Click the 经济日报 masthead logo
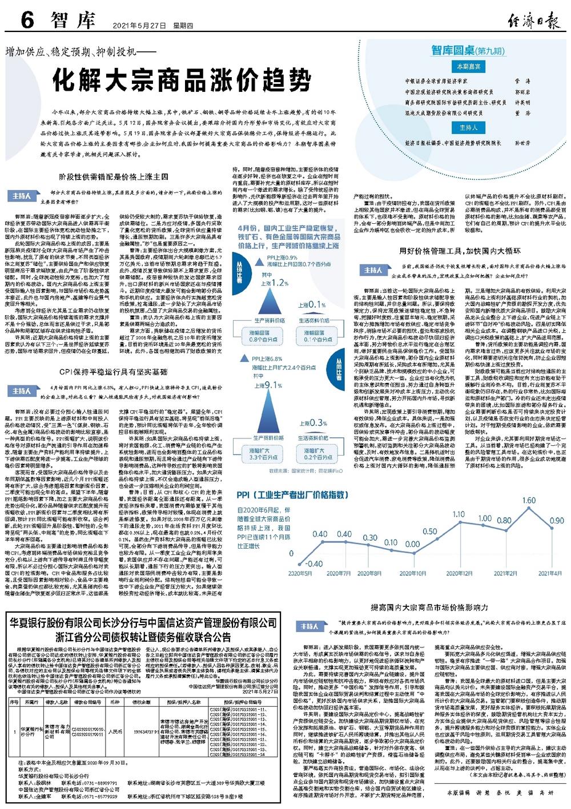[534, 22]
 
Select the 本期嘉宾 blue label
[468, 67]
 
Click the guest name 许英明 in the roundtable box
[522, 103]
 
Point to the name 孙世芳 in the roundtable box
[522, 143]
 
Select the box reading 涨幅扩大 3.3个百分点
[263, 453]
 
